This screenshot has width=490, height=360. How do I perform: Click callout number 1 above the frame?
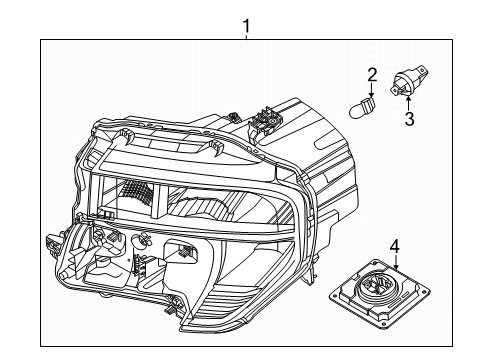pyautogui.click(x=246, y=25)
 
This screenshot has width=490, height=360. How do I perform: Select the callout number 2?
pyautogui.click(x=372, y=75)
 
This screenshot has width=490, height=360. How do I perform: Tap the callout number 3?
pyautogui.click(x=409, y=119)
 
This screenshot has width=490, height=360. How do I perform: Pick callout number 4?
pyautogui.click(x=395, y=246)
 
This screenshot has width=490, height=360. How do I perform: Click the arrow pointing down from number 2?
pyautogui.click(x=372, y=90)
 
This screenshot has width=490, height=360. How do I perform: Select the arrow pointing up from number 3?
pyautogui.click(x=409, y=103)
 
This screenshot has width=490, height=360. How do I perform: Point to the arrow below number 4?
pyautogui.click(x=396, y=262)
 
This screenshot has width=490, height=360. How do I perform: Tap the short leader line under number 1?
pyautogui.click(x=246, y=36)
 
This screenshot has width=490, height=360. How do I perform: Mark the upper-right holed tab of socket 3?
pyautogui.click(x=423, y=70)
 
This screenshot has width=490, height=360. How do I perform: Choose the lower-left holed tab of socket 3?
pyautogui.click(x=395, y=90)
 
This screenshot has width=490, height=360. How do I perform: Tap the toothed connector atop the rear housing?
pyautogui.click(x=265, y=121)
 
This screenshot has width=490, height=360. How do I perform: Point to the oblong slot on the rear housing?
pyautogui.click(x=329, y=144)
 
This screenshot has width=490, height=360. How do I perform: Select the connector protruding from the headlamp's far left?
pyautogui.click(x=52, y=244)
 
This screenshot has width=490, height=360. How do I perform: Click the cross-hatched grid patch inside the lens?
pyautogui.click(x=136, y=192)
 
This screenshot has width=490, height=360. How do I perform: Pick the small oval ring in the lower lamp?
pyautogui.click(x=141, y=240)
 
